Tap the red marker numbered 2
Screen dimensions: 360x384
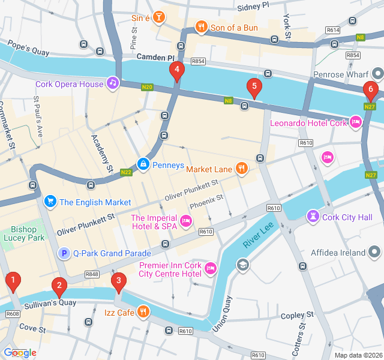58,287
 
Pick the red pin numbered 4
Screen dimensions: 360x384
176,71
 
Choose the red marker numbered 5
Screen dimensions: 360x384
254,88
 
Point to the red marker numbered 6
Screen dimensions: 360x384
370,91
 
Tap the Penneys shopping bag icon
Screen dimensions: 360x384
143,163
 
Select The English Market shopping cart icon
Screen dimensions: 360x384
50,201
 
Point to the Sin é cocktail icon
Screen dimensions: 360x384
158,17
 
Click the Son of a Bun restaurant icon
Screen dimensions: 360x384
201,26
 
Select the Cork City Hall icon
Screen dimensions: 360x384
313,215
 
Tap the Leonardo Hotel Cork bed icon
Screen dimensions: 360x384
356,122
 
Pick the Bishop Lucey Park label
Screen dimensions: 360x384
28,233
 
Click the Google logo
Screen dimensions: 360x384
20,353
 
